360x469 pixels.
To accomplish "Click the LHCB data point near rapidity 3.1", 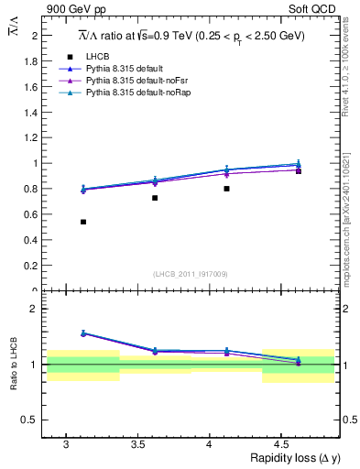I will (83, 222).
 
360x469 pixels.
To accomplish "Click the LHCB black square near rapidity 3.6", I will (155, 198).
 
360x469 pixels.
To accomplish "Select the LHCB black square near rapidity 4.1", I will (226, 189).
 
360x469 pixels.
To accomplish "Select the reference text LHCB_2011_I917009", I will (190, 274).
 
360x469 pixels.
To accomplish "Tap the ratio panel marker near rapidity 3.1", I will (83, 333).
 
